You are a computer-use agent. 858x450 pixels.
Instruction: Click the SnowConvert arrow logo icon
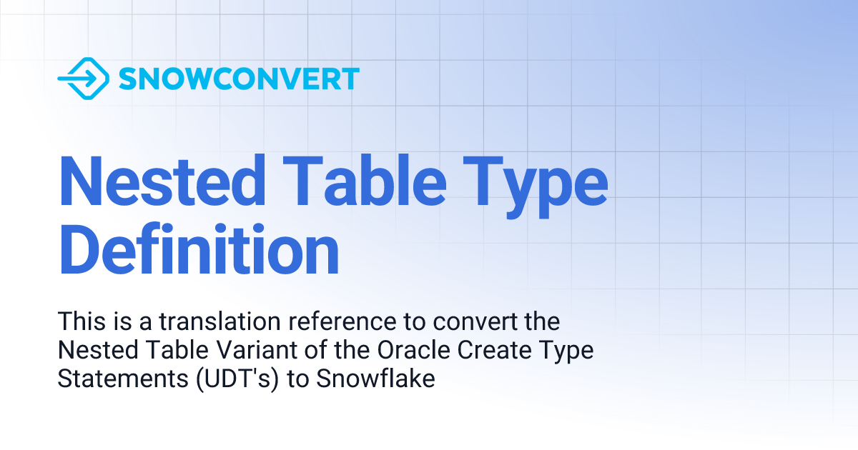(x=83, y=78)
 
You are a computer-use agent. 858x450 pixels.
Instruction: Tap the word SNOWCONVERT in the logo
(x=239, y=79)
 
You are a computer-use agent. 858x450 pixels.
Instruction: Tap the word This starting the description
(x=82, y=321)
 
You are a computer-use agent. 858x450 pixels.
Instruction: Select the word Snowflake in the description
(x=375, y=379)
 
